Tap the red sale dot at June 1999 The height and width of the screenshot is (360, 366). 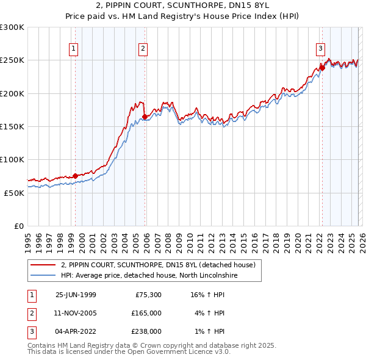[76, 176]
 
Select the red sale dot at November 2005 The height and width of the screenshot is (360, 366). [145, 117]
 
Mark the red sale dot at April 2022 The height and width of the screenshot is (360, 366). [322, 68]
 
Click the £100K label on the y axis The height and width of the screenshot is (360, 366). [12, 159]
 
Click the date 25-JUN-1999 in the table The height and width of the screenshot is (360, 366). [76, 294]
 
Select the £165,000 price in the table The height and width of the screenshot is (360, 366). [146, 312]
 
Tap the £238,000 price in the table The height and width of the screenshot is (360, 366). [146, 331]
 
